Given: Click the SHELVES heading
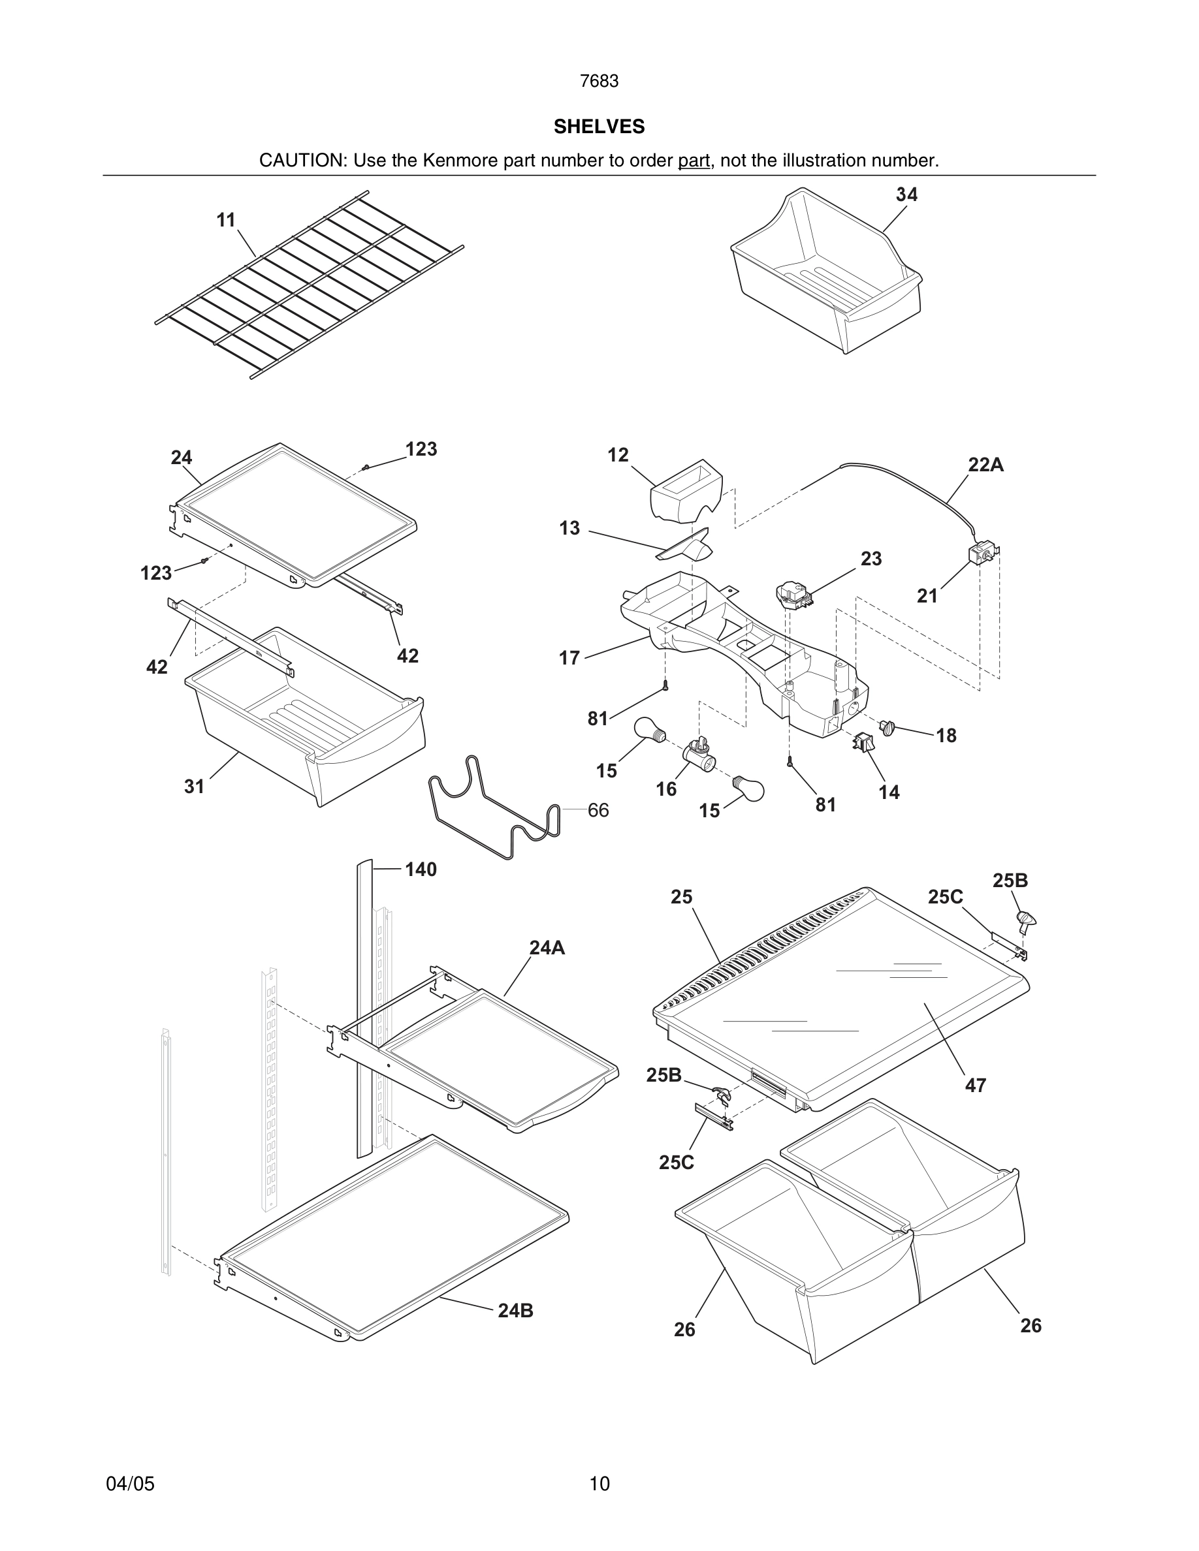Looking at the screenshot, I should (x=599, y=127).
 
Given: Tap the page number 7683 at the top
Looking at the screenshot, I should (x=599, y=82).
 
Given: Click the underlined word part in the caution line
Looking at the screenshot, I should (x=694, y=161).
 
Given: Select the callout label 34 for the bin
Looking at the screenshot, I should (x=906, y=195).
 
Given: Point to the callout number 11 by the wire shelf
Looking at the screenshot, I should (x=226, y=220).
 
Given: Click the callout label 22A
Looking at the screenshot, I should (x=985, y=465).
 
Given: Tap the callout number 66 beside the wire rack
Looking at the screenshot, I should (x=598, y=810).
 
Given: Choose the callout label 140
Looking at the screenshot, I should (x=421, y=869).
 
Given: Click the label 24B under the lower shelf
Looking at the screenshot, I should (x=515, y=1311).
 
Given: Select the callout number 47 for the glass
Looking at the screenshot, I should (x=975, y=1085).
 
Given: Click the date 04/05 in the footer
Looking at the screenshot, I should (x=130, y=1484).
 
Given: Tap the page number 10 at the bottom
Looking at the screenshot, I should (x=599, y=1484).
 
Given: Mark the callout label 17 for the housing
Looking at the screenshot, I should (x=569, y=658).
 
